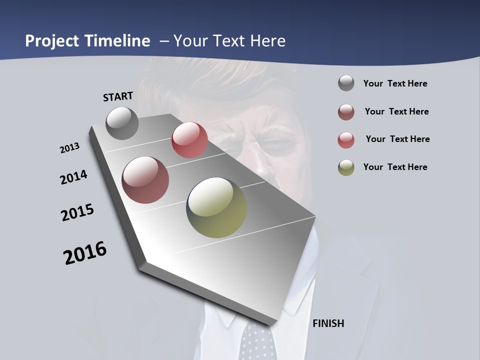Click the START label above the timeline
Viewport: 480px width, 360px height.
point(118,96)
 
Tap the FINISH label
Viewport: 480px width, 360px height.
point(328,323)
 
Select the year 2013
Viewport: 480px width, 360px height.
point(70,148)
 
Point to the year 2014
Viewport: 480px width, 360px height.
point(74,177)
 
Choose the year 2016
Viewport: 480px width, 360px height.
point(85,253)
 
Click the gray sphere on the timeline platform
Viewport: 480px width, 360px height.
point(122,123)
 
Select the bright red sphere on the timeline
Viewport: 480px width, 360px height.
point(189,140)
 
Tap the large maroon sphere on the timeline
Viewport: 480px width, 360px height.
point(145,180)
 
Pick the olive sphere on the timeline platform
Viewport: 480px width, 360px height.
point(216,207)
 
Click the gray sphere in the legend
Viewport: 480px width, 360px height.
point(346,83)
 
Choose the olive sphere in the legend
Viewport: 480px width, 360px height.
point(346,167)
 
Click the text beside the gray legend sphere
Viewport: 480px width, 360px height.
point(395,84)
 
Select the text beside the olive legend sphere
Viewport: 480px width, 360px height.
point(395,167)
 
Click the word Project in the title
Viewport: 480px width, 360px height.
point(51,41)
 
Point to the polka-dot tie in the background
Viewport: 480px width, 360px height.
point(257,342)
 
